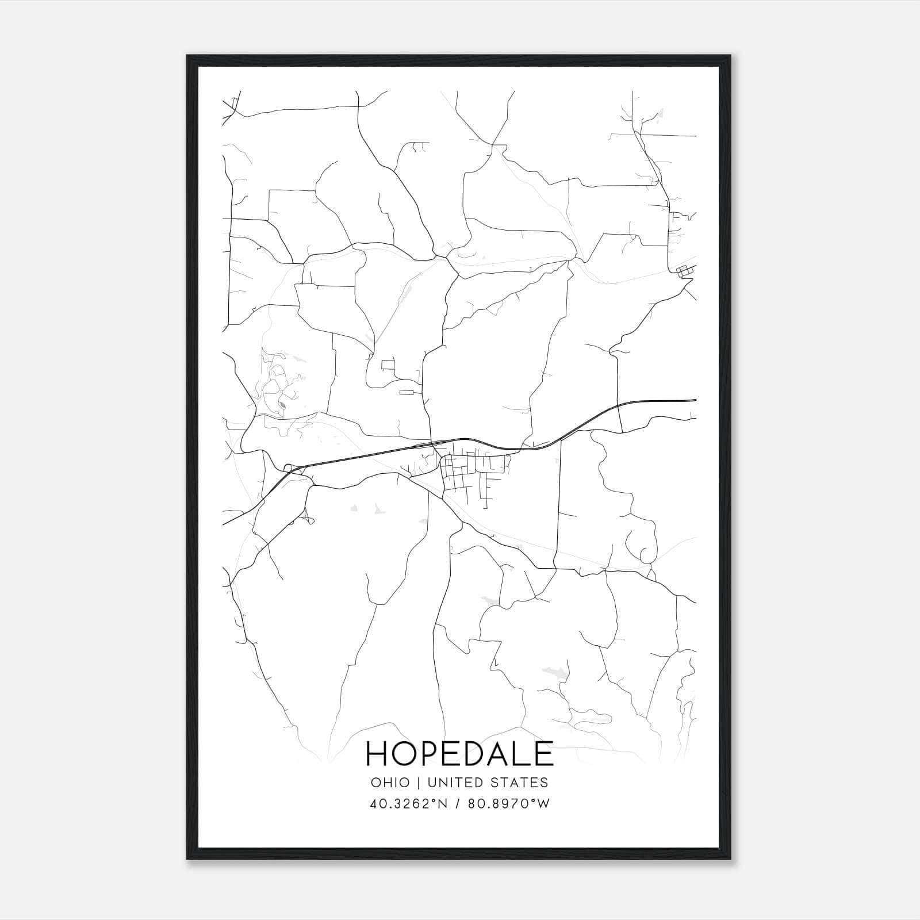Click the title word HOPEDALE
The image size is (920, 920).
459,754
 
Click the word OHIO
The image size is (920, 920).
390,783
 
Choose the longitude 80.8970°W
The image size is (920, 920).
508,804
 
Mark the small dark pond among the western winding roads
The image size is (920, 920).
281,406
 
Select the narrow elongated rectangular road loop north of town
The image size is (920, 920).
407,393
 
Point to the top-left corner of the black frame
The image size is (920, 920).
187,56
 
